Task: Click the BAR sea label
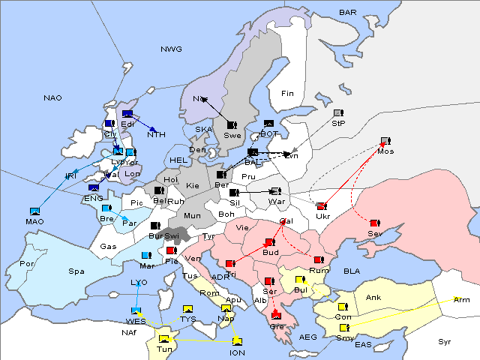(x=348, y=13)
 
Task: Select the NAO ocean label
(x=52, y=98)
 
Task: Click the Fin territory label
(x=286, y=94)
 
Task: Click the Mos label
(x=385, y=151)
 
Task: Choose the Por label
(x=27, y=264)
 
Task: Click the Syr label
(x=445, y=341)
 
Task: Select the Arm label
(x=462, y=300)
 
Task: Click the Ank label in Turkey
(x=373, y=297)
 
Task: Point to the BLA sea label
(x=352, y=271)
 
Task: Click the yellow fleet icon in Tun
(x=164, y=340)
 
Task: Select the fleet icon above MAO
(x=34, y=211)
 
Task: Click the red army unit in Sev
(x=375, y=223)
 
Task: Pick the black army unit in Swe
(x=232, y=124)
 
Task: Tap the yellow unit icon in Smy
(x=344, y=328)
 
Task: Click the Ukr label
(x=322, y=217)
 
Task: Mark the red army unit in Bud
(x=269, y=243)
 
